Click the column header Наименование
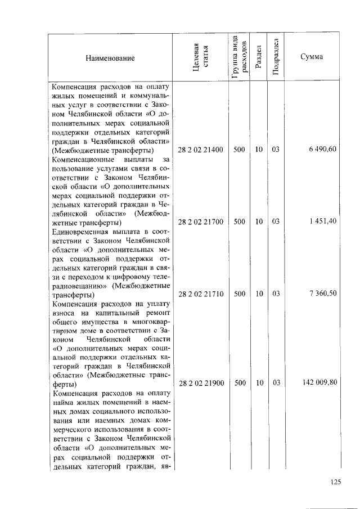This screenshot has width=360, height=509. pyautogui.click(x=110, y=58)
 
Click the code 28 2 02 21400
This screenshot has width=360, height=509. pyautogui.click(x=201, y=150)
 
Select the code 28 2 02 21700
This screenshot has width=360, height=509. pyautogui.click(x=201, y=222)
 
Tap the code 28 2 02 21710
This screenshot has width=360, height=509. pyautogui.click(x=201, y=294)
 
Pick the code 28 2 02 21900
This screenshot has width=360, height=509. pyautogui.click(x=201, y=383)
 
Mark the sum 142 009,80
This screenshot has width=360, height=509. pyautogui.click(x=319, y=383)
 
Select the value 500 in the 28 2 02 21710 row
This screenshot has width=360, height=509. pyautogui.click(x=239, y=294)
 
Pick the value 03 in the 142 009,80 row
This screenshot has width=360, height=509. pyautogui.click(x=276, y=383)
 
